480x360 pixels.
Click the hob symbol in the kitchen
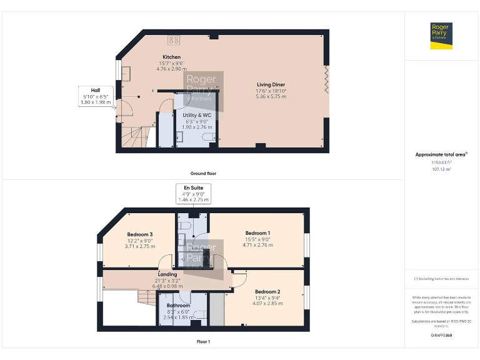pyautogui.click(x=174, y=39)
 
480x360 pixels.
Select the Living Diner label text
pyautogui.click(x=271, y=84)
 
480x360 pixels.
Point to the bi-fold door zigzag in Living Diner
pyautogui.click(x=326, y=82)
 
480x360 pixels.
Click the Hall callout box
pyautogui.click(x=96, y=96)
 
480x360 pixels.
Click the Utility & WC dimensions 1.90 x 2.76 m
pyautogui.click(x=197, y=127)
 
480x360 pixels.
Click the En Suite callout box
pyautogui.click(x=193, y=194)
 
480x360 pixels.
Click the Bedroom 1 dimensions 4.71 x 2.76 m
pyautogui.click(x=257, y=246)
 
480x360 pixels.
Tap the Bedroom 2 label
pyautogui.click(x=267, y=292)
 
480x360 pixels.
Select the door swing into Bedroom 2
pyautogui.click(x=240, y=279)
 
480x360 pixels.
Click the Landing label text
pyautogui.click(x=167, y=274)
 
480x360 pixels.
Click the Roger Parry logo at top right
pyautogui.click(x=441, y=36)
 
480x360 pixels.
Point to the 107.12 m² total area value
pyautogui.click(x=441, y=169)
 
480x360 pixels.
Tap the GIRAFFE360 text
pyautogui.click(x=441, y=336)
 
